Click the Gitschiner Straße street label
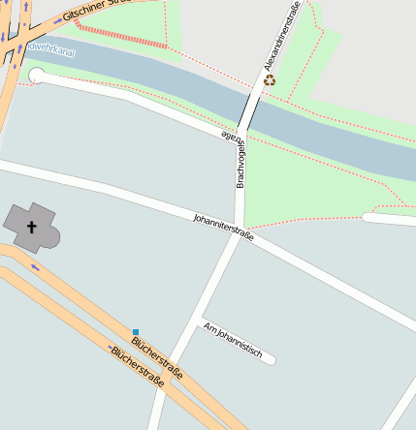[x=96, y=12]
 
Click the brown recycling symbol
[x=270, y=80]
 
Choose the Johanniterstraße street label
[x=223, y=227]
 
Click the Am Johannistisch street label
[x=233, y=340]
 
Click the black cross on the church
[x=31, y=228]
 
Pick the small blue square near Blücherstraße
[x=136, y=332]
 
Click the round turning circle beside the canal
[x=37, y=76]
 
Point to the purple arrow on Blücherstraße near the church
[x=35, y=265]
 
